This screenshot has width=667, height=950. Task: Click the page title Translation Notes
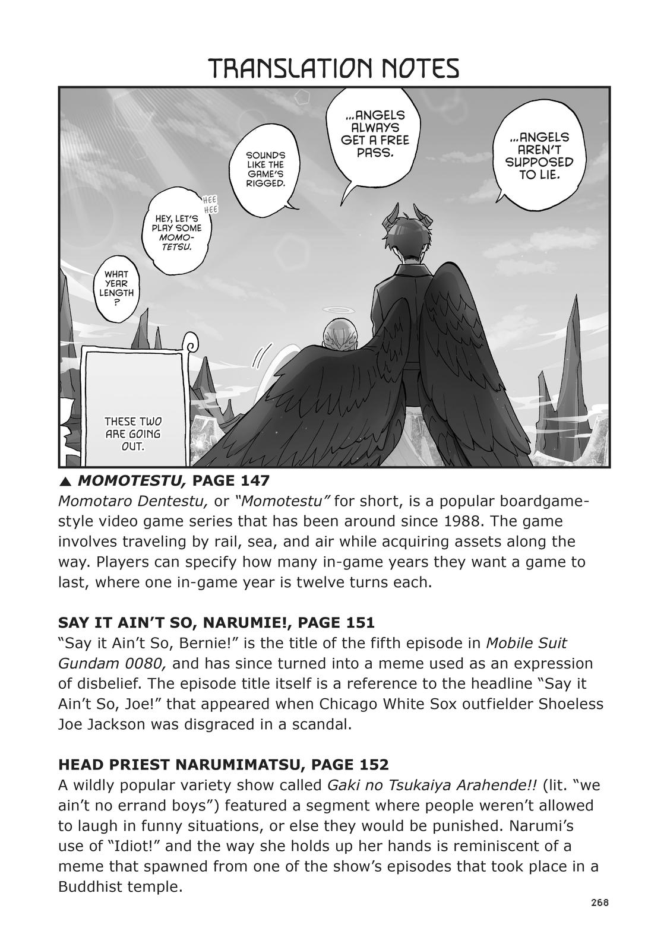pos(334,69)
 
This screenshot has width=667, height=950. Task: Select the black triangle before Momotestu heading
pos(64,480)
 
